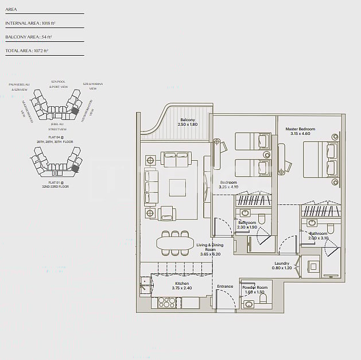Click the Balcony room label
(x=187, y=120)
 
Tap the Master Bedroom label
(x=300, y=129)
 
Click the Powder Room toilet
(x=249, y=304)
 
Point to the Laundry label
(x=281, y=264)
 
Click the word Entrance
(x=225, y=287)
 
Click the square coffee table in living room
(x=177, y=188)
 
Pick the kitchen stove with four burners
(x=166, y=302)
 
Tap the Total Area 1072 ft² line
(x=26, y=51)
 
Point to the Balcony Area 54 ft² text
(x=28, y=37)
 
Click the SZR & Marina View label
(x=93, y=86)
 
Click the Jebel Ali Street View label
(x=57, y=127)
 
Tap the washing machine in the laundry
(x=313, y=266)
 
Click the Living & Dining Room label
(x=209, y=247)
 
